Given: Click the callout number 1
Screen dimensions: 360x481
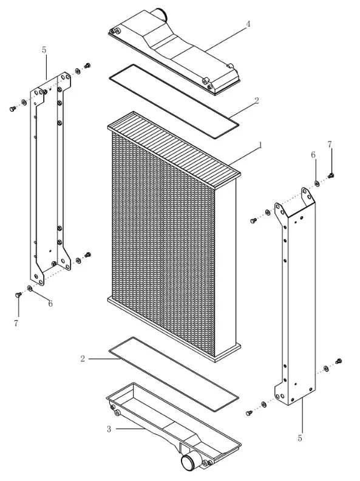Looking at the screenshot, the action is coord(260,145).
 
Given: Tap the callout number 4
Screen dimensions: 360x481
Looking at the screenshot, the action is coord(248,24).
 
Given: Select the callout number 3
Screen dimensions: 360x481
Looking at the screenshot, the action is coord(109,429).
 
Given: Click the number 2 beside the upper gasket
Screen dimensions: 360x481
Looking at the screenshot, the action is coord(257,101).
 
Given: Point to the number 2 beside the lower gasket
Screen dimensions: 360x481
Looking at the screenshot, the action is coord(83,358).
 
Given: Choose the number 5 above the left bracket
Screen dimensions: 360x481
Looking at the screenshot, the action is coord(44,50).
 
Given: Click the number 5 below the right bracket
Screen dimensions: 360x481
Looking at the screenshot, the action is coord(300,438).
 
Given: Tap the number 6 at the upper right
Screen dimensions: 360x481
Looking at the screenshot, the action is coord(313,155).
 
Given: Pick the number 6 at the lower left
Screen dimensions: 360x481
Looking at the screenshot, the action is coord(50,304).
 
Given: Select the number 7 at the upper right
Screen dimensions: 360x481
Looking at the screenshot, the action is coord(330,144).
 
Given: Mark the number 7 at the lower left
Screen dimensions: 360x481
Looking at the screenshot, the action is coord(16,323).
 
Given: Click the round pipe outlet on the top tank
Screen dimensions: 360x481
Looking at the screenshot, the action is coord(160,13).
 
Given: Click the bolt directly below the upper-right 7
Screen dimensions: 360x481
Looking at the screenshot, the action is coord(331,176).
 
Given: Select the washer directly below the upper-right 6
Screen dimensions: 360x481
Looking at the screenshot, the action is coord(316,184).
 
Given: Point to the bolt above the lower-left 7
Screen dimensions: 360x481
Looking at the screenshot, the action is coord(18,295).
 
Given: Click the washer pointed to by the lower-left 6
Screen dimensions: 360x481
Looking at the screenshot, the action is coord(30,288).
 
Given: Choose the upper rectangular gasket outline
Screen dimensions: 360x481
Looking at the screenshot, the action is coord(174,101).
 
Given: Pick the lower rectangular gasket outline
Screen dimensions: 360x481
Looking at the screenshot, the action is coord(174,374).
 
